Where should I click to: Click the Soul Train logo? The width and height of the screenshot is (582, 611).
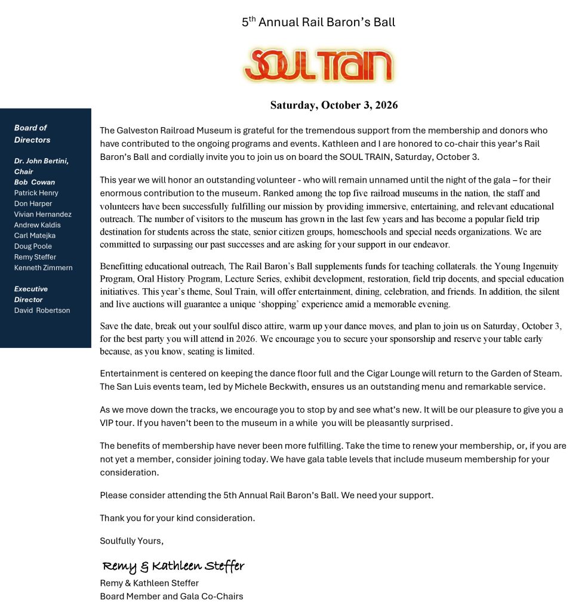coord(318,65)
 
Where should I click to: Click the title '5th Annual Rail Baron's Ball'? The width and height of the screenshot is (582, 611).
coord(318,23)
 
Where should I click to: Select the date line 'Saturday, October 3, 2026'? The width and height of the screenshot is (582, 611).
coord(334,106)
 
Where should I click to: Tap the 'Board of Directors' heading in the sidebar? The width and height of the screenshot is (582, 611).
coord(32,134)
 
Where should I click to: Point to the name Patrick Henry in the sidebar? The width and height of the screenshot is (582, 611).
coord(36,193)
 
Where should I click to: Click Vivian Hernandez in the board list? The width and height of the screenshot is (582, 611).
coord(42,214)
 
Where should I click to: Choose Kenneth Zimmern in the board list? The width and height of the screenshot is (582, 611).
coord(43,268)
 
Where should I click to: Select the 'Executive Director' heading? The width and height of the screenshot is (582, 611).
coord(31,294)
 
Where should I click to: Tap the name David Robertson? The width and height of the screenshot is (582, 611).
coord(42,310)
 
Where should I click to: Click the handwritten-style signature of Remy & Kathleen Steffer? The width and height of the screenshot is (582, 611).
coord(173,566)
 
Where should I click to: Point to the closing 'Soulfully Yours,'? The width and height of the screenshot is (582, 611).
coord(131,541)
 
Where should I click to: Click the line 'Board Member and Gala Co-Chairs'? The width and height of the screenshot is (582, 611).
coord(171,596)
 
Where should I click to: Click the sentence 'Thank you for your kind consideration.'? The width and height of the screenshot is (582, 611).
coord(177,518)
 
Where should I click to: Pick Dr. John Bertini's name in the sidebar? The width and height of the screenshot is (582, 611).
coord(41,161)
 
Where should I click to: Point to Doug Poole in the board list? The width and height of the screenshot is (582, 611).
coord(33,246)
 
